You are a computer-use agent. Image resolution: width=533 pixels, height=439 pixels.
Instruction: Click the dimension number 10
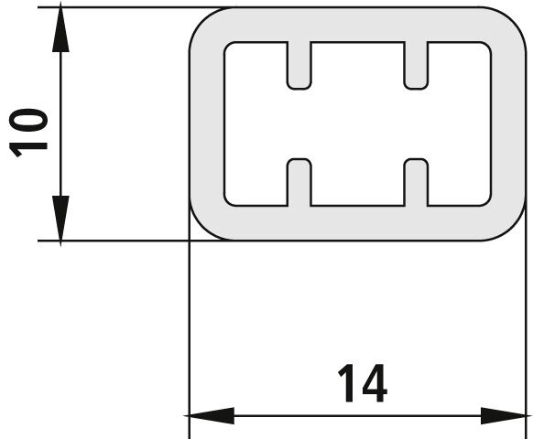tap(28, 133)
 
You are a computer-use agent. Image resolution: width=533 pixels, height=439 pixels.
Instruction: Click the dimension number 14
tap(363, 383)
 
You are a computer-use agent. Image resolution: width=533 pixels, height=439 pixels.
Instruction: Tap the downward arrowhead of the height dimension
tap(60, 220)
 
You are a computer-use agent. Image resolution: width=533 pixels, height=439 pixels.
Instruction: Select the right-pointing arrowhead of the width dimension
tap(505, 415)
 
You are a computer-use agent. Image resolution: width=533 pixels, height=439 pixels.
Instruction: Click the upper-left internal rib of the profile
tap(299, 66)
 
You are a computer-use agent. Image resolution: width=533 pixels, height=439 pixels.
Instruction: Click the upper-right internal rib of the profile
tap(416, 66)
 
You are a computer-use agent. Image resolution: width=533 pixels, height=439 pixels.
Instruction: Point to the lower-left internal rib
tap(299, 182)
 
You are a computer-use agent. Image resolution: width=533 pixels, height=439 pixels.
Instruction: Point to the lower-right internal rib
tap(416, 182)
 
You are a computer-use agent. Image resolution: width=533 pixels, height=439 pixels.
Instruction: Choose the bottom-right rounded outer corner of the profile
tap(514, 229)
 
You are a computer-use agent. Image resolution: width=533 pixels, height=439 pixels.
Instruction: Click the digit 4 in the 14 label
tap(375, 383)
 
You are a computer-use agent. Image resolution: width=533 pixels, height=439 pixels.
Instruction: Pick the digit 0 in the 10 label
tap(28, 120)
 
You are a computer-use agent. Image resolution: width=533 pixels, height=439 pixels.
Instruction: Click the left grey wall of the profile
tap(206, 123)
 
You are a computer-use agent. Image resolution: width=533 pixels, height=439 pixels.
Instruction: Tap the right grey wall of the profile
tap(508, 123)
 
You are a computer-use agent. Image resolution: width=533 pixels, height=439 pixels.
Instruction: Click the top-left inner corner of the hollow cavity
tap(227, 45)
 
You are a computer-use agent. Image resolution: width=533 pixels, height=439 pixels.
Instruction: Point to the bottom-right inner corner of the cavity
tap(488, 203)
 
